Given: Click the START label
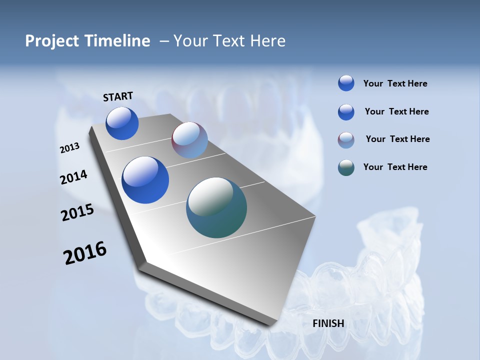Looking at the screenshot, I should pos(118,96).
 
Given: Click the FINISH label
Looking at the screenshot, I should pos(328,323).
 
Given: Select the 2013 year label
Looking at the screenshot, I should pos(69,148).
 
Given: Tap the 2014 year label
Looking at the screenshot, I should pos(73,177).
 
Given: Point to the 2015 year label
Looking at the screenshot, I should pos(77,212).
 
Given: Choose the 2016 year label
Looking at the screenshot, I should pos(84,252).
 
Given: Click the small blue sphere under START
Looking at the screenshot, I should pos(122,123).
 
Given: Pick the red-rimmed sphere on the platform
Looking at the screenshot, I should pos(189,140).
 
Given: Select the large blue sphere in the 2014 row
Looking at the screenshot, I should pos(145,180).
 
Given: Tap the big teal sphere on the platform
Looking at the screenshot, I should pos(216,207).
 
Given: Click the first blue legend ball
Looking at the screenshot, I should pos(346,83).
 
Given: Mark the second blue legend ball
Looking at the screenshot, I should pos(346,112).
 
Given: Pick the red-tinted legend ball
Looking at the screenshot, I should pos(346,140).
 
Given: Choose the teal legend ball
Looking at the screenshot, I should pos(346,168).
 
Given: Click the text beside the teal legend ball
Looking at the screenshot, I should pos(395,167).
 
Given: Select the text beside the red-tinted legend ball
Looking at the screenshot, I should pos(397,139).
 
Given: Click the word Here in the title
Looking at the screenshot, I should pos(267,41).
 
